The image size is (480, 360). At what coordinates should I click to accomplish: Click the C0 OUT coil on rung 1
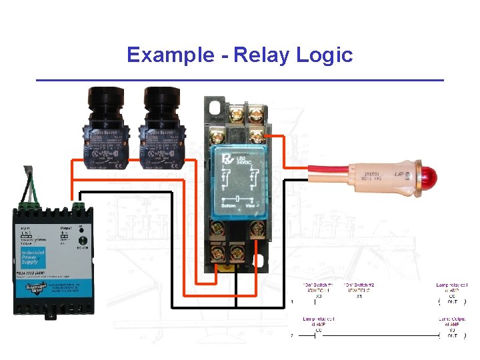point(452,301)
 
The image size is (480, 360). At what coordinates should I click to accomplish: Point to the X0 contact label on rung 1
point(319,296)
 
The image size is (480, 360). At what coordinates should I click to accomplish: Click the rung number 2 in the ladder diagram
point(292,335)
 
